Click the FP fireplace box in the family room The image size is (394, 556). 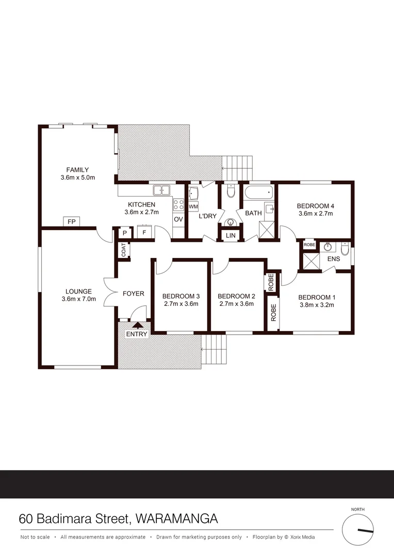pos(71,221)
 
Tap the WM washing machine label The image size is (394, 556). pos(193,206)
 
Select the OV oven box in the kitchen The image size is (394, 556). pos(178,219)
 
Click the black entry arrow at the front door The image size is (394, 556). pos(138,325)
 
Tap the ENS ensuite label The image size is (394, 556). pos(334,258)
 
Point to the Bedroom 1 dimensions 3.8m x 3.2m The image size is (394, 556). pos(317,304)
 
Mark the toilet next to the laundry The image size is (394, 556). pos(231,192)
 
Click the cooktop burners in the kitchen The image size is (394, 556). pos(178,204)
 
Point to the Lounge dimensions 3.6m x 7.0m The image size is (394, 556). pos(78,299)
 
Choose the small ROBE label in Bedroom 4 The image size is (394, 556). pos(309,245)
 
